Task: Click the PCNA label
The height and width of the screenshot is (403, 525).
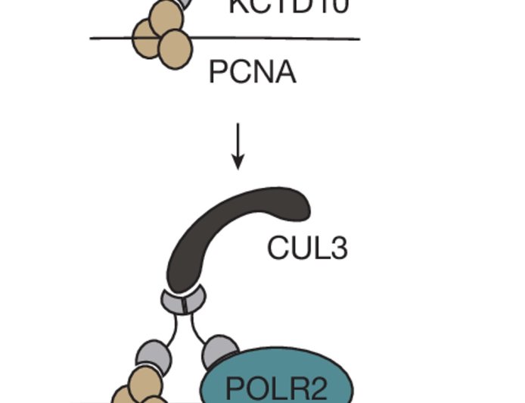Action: click(252, 73)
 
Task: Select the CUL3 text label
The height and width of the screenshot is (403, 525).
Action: click(307, 247)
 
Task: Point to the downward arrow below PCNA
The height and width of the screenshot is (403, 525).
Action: click(238, 145)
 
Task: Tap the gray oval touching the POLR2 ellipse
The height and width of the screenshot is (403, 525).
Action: click(221, 350)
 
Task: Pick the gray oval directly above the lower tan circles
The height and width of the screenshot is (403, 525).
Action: click(150, 357)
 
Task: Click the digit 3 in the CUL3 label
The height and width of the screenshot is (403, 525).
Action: click(338, 247)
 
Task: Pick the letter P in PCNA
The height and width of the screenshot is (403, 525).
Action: click(218, 73)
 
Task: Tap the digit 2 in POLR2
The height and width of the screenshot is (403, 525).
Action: click(318, 388)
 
